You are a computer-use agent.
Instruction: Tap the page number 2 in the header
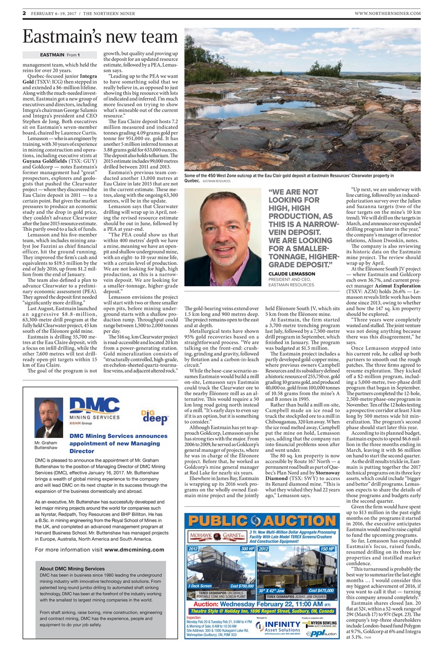25,13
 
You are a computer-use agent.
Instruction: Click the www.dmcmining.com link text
134,550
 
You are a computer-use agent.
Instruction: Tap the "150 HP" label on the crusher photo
327,549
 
